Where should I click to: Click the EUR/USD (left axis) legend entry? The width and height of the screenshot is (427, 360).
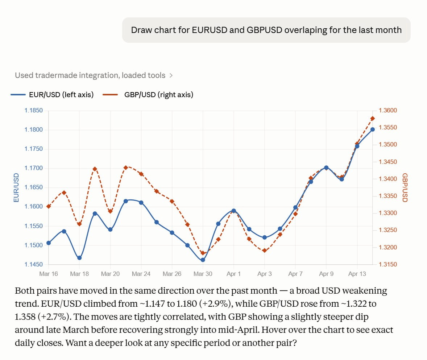point(53,95)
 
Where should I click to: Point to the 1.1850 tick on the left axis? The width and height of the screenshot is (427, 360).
point(34,111)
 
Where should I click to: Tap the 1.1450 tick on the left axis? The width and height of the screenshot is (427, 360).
point(34,264)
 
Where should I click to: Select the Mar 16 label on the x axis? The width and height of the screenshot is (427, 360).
point(49,274)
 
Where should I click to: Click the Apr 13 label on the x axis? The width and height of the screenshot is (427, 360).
point(357,274)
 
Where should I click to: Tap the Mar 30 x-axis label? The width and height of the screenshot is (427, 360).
point(203,274)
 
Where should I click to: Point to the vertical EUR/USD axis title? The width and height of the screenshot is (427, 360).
point(16,187)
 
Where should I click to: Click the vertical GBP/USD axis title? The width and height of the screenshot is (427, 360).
point(405,187)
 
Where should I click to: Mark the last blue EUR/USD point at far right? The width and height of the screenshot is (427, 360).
point(373,129)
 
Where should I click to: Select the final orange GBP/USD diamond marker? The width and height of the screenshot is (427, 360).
point(373,119)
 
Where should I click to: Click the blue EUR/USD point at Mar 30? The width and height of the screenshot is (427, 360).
point(203,260)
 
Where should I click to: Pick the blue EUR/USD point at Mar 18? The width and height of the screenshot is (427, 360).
point(79,258)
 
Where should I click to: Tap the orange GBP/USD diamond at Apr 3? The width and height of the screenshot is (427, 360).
point(265,250)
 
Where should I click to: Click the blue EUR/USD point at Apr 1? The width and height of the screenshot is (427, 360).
point(234,211)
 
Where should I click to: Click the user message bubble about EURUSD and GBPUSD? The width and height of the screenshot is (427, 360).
point(266,30)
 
